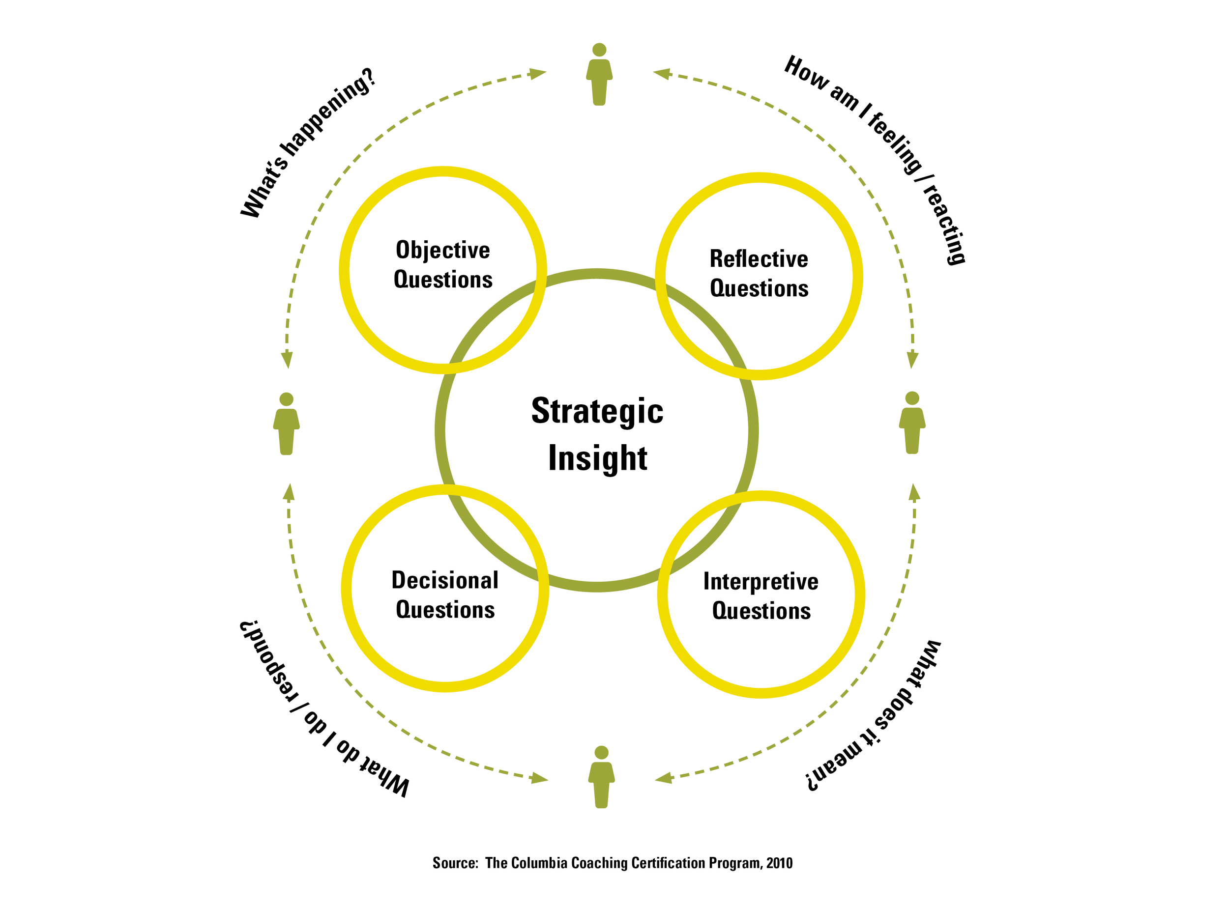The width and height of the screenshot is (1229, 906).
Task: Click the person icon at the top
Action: click(x=599, y=75)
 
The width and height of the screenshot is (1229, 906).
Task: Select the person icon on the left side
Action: click(x=287, y=424)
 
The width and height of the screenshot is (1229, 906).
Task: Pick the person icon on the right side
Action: click(x=912, y=423)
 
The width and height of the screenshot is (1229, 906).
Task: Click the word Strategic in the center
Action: click(x=597, y=411)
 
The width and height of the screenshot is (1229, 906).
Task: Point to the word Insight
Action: click(x=597, y=458)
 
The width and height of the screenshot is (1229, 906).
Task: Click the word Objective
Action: click(x=443, y=251)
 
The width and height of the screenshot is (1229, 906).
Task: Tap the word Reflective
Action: click(x=759, y=259)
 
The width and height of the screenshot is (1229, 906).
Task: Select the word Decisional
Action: click(x=445, y=580)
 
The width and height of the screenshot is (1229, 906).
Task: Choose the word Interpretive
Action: click(x=761, y=581)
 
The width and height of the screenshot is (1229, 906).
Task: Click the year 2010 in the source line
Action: click(x=779, y=863)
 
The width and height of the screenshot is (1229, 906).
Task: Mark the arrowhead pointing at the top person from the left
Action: click(x=538, y=74)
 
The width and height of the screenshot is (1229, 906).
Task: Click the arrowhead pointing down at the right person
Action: click(x=912, y=360)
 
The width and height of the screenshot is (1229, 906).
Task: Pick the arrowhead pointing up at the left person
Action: click(x=289, y=492)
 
